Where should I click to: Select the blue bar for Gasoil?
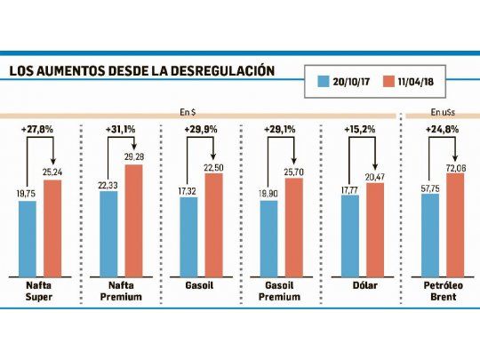point(188,236)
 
